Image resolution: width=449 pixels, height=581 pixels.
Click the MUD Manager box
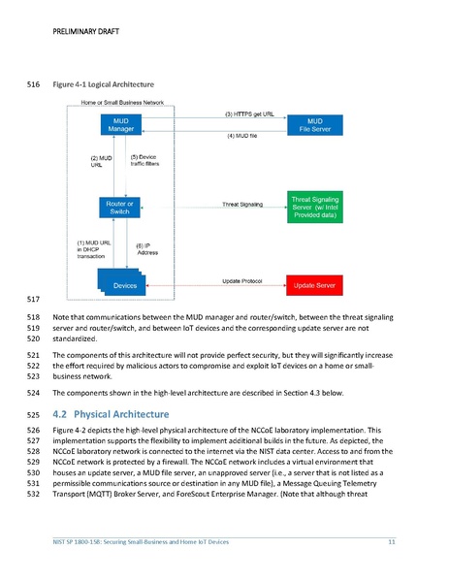[122, 123]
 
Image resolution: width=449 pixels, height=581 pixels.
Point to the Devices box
[125, 285]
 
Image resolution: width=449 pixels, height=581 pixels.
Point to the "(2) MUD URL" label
[102, 161]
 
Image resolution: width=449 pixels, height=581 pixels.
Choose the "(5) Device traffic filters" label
[146, 161]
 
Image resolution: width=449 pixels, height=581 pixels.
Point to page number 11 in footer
[391, 540]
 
